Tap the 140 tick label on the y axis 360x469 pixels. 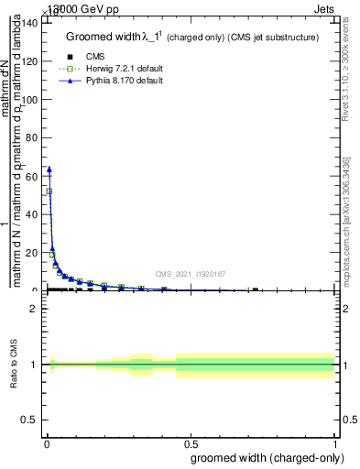tap(30, 23)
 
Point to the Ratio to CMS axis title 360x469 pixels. tap(14, 365)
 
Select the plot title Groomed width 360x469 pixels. tap(192, 38)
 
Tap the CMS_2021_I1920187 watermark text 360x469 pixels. tap(191, 274)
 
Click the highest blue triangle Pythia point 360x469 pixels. tap(49, 169)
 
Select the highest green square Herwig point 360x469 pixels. tap(49, 191)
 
